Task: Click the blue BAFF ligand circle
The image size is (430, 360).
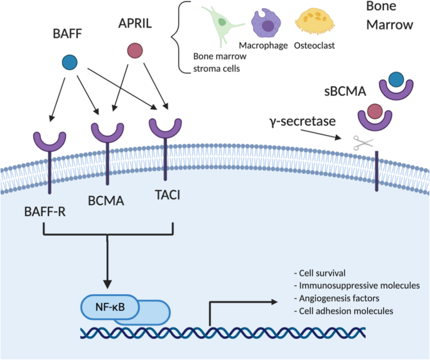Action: click(x=70, y=62)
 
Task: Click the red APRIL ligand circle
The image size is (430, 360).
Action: click(x=134, y=50)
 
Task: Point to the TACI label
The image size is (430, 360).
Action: click(x=166, y=195)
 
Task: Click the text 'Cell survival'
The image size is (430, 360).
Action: click(x=320, y=273)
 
